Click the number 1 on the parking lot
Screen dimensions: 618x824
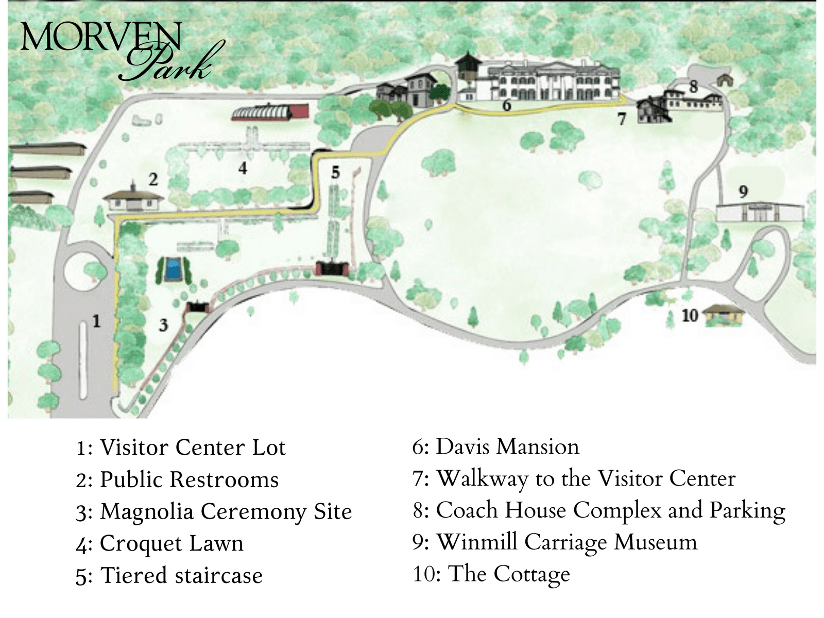(x=96, y=321)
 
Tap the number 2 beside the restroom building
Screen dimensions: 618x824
(x=153, y=179)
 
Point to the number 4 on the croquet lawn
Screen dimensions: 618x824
(x=243, y=167)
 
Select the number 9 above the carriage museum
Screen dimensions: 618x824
(x=743, y=192)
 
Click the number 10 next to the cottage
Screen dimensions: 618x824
(x=690, y=315)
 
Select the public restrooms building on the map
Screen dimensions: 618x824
(x=134, y=200)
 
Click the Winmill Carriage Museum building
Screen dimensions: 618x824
(x=760, y=212)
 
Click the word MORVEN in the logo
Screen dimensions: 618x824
(x=100, y=37)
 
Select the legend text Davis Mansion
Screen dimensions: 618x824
(x=507, y=447)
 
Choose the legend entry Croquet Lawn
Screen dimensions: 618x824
(x=171, y=543)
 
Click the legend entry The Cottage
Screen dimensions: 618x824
(x=509, y=574)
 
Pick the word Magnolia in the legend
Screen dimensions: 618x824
(x=146, y=511)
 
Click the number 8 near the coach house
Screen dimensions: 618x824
(x=693, y=87)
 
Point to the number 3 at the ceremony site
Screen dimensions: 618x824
(x=163, y=325)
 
